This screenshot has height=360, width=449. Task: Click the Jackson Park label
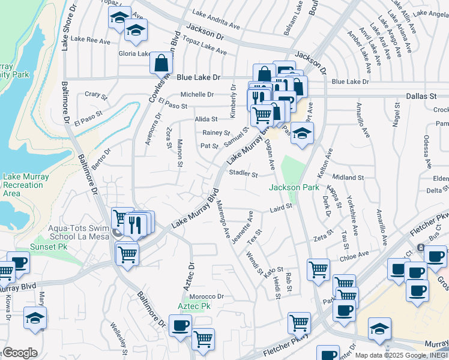[294, 188]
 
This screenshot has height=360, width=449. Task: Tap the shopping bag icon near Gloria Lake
[161, 62]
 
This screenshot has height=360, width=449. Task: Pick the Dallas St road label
[423, 96]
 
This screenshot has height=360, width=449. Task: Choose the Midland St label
[348, 178]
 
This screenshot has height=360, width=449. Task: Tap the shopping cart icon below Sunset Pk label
[127, 254]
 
